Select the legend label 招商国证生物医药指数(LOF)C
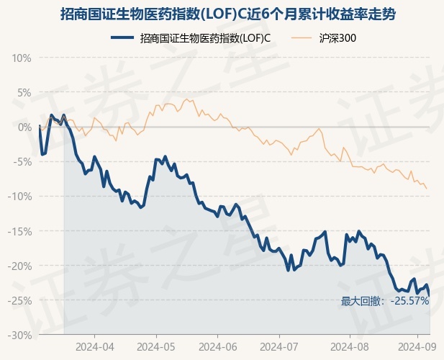tap(206, 37)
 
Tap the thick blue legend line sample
tap(123, 37)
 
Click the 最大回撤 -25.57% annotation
tap(384, 301)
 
